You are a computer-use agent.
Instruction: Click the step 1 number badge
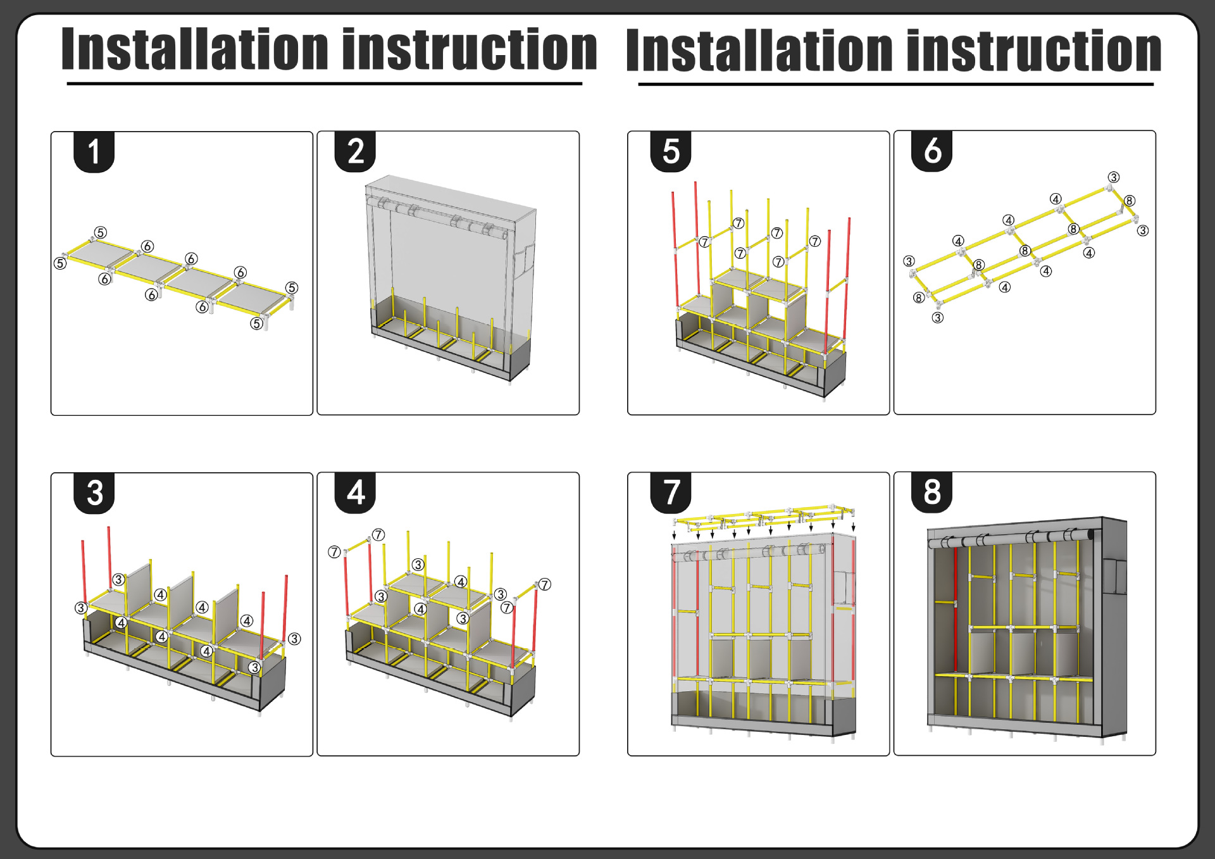(94, 152)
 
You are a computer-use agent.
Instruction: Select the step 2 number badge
(355, 152)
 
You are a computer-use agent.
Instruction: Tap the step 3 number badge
(94, 493)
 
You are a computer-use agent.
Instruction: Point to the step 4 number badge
(355, 492)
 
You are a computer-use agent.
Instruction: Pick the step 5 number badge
(671, 152)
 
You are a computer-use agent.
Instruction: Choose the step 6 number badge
(932, 151)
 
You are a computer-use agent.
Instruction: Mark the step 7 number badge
(671, 492)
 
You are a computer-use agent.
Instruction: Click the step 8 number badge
(932, 492)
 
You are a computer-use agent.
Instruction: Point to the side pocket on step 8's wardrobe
(1115, 576)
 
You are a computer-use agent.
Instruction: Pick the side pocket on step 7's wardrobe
(844, 589)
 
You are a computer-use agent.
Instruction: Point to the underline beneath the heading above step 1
(324, 84)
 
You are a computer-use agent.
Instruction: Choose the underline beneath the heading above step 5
(895, 84)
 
